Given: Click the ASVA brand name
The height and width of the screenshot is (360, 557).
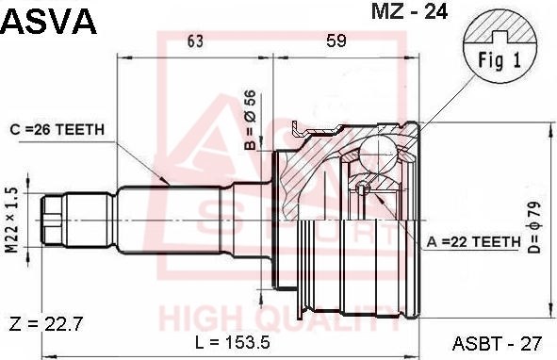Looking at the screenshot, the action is tap(49, 22).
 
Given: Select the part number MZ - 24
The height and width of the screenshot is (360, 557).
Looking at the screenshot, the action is tap(409, 11).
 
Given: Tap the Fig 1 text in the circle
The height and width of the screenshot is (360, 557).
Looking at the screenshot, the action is tap(500, 59).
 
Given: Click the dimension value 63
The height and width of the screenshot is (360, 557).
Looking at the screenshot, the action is tap(195, 41).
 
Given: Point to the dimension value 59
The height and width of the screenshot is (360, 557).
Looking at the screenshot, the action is tap(336, 41).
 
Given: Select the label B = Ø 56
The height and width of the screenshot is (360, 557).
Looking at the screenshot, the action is tap(251, 120).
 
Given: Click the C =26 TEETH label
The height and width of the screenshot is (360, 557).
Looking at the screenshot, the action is tap(57, 130).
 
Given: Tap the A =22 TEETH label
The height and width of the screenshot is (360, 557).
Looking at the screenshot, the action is tap(473, 242).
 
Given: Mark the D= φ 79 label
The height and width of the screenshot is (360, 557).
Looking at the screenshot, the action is tap(534, 227).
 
